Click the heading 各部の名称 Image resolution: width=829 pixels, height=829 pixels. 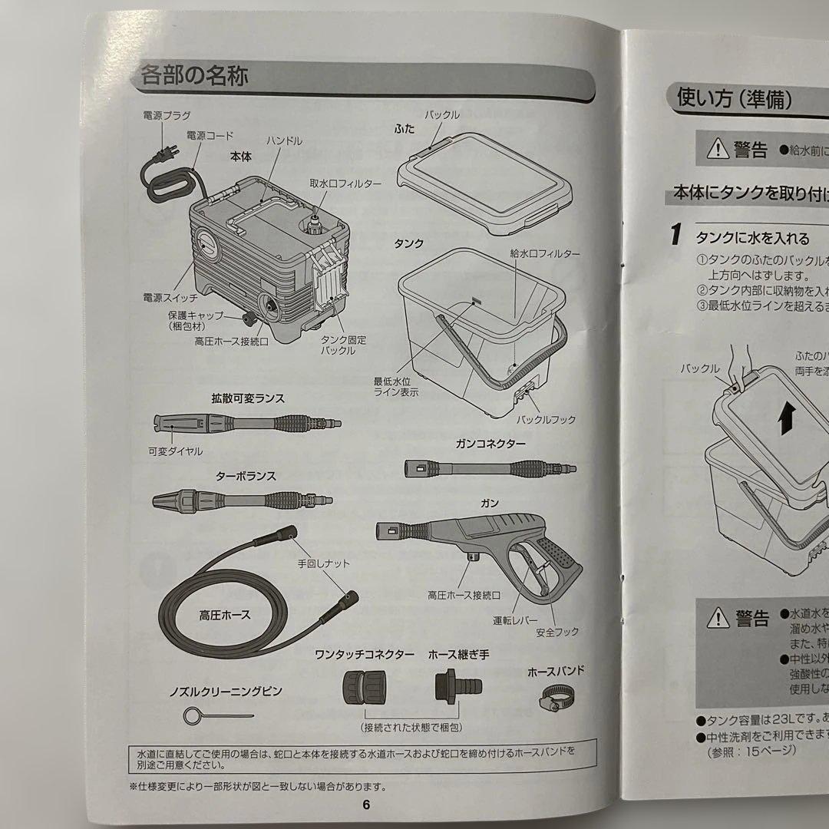click(x=193, y=76)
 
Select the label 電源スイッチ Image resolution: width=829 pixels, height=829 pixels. click(x=170, y=296)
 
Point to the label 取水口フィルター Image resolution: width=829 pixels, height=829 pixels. click(x=345, y=184)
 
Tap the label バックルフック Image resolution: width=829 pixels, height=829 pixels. click(x=547, y=420)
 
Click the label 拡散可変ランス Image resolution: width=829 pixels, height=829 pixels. click(x=248, y=398)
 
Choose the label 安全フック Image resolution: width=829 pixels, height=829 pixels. click(x=558, y=632)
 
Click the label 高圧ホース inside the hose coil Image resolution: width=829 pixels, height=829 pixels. click(x=225, y=615)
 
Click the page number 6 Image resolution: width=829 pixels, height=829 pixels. click(x=366, y=804)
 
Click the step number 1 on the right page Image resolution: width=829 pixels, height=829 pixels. click(x=675, y=235)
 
